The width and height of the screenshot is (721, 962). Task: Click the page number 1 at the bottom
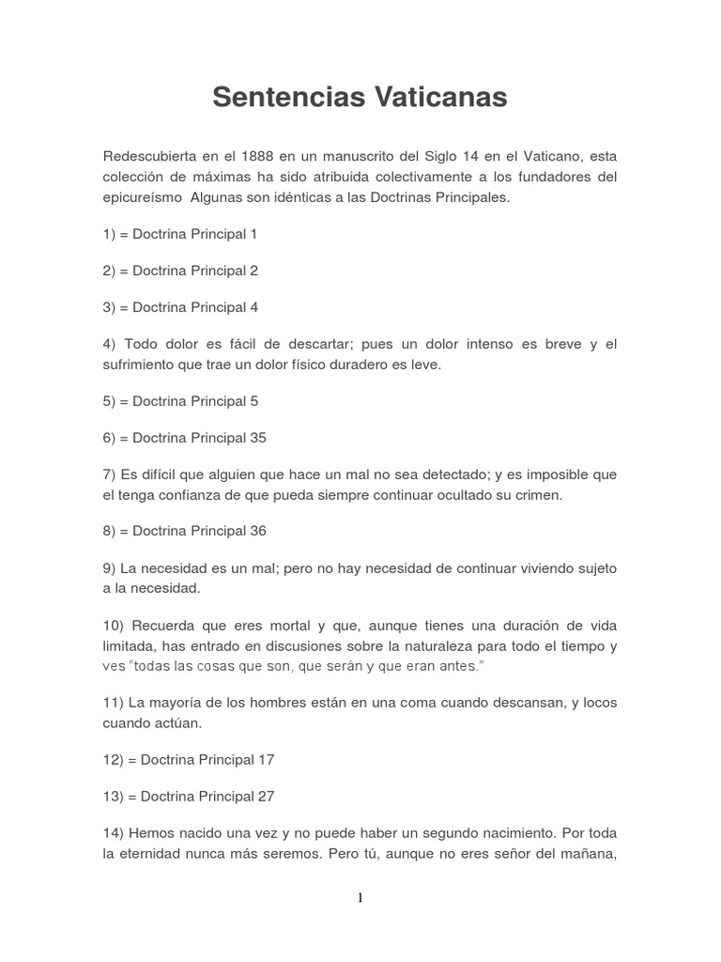[x=360, y=897]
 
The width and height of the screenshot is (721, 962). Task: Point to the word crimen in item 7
[x=538, y=495]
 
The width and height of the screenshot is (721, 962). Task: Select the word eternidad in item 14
[x=152, y=855]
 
